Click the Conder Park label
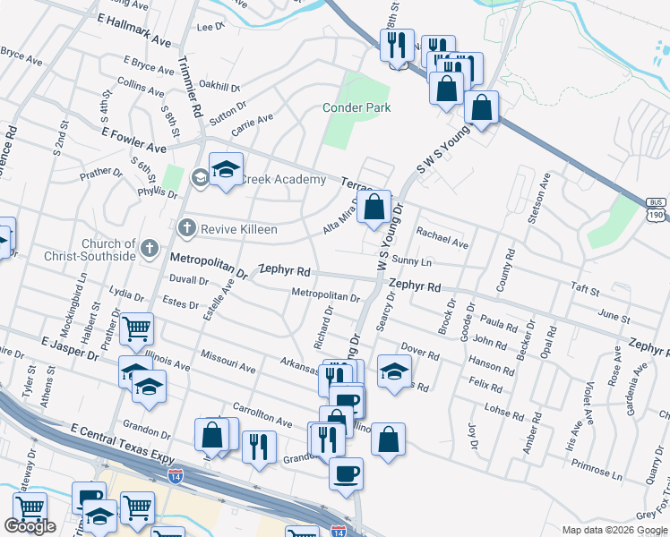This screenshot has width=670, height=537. point(356,108)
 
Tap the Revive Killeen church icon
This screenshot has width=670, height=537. point(187,229)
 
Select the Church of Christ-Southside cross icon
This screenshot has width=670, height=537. point(150,247)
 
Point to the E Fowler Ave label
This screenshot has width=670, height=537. point(133,139)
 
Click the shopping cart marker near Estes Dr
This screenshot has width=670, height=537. point(137,330)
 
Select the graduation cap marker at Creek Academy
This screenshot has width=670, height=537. point(226,169)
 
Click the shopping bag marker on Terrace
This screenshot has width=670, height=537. point(375,207)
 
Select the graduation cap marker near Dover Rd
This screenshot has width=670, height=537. point(394,372)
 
